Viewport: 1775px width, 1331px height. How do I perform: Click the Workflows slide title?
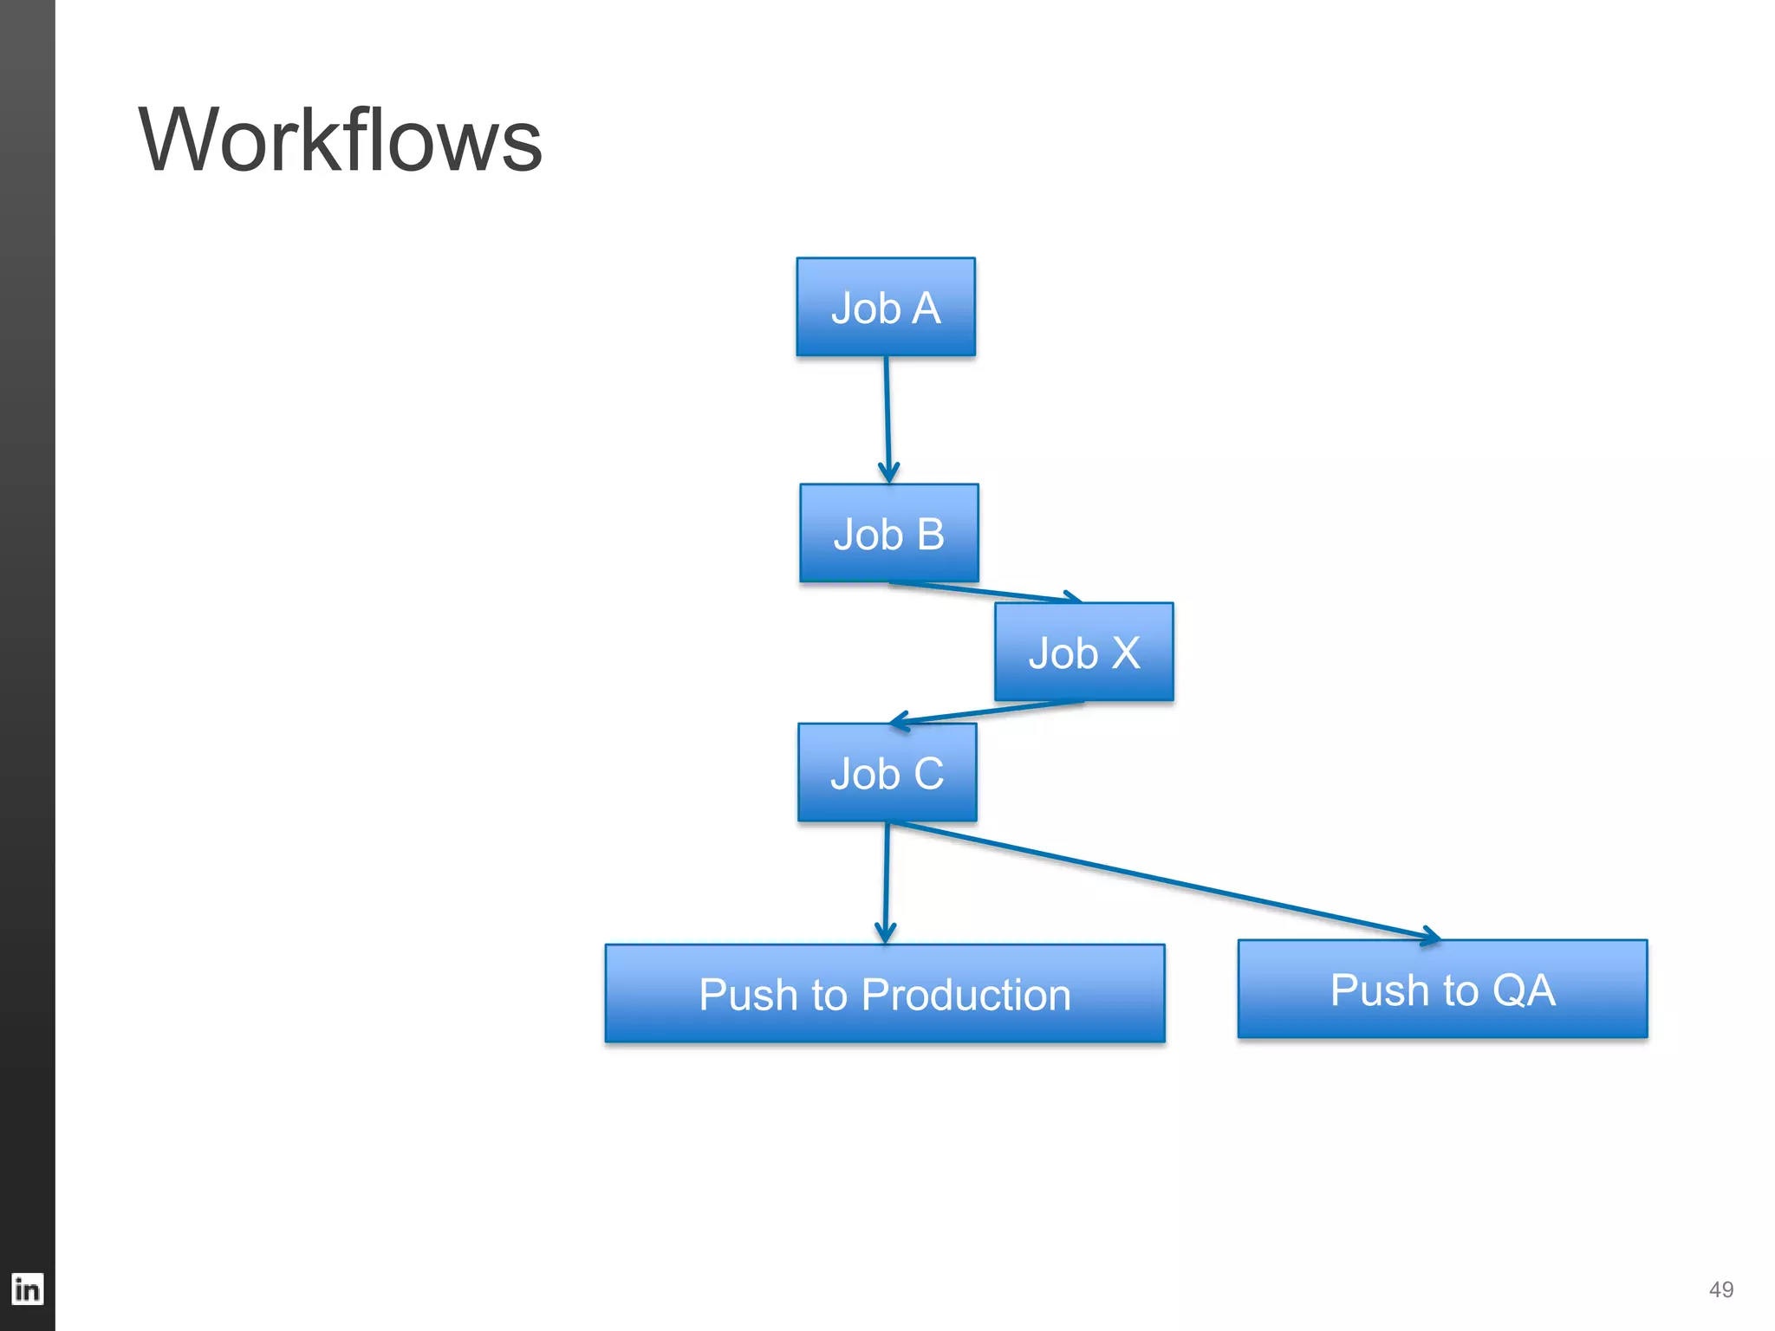tap(340, 140)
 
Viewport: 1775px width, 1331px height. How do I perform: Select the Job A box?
tap(886, 307)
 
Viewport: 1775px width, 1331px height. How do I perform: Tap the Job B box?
tap(888, 533)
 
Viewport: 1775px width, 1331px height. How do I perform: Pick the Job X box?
tap(1083, 652)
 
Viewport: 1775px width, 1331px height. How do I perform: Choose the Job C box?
tap(887, 772)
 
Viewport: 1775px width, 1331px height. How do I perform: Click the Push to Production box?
tap(884, 993)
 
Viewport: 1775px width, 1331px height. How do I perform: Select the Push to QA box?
tap(1442, 989)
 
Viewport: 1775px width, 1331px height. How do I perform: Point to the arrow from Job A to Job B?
tap(887, 416)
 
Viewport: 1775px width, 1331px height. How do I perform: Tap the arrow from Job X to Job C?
tap(988, 711)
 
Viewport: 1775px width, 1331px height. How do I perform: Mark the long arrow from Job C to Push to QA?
tap(1161, 880)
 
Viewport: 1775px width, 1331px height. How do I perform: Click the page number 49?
tap(1720, 1289)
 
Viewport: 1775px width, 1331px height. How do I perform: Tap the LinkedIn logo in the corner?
tap(27, 1289)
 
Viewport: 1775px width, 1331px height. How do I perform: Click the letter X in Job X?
tap(1125, 653)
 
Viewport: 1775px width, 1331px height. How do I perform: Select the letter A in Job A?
tap(926, 308)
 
